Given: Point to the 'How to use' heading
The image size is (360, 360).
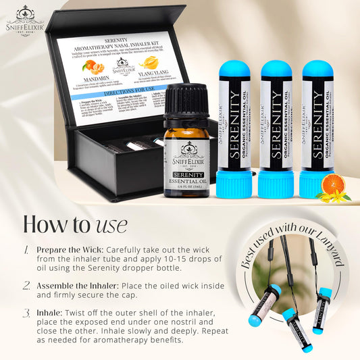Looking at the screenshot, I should pyautogui.click(x=74, y=222).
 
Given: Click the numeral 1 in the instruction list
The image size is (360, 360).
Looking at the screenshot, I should pyautogui.click(x=25, y=250).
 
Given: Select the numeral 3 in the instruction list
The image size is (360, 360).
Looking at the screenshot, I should pyautogui.click(x=25, y=313).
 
